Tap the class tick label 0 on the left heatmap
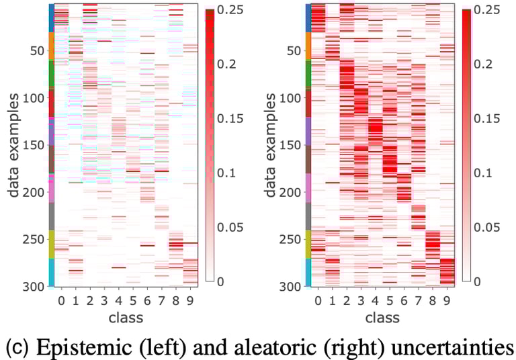pos(60,299)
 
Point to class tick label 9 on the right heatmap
pos(445,299)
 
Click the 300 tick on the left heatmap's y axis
pos(34,287)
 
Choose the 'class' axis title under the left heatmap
pos(125,316)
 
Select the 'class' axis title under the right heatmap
pos(382,316)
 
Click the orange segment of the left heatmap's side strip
pos(50,46)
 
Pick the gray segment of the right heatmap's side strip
pos(308,216)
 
